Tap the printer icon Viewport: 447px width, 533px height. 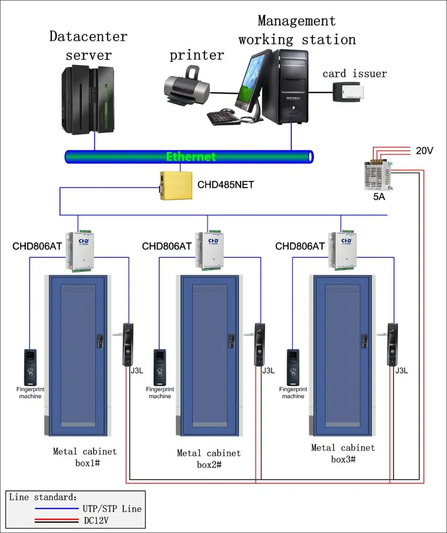[186, 87]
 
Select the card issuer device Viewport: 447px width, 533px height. [348, 92]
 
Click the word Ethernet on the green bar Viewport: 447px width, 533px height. [191, 157]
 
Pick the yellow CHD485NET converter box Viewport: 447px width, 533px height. [177, 185]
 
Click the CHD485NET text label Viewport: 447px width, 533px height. [226, 185]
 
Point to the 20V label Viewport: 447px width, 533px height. [424, 151]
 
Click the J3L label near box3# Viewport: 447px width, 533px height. [401, 371]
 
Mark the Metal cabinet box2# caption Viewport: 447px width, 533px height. [209, 459]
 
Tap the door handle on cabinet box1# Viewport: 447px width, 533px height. [100, 341]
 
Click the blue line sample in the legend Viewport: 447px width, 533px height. [56, 508]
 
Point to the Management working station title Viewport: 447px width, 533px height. [297, 30]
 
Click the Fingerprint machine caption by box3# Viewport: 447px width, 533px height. [293, 393]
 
